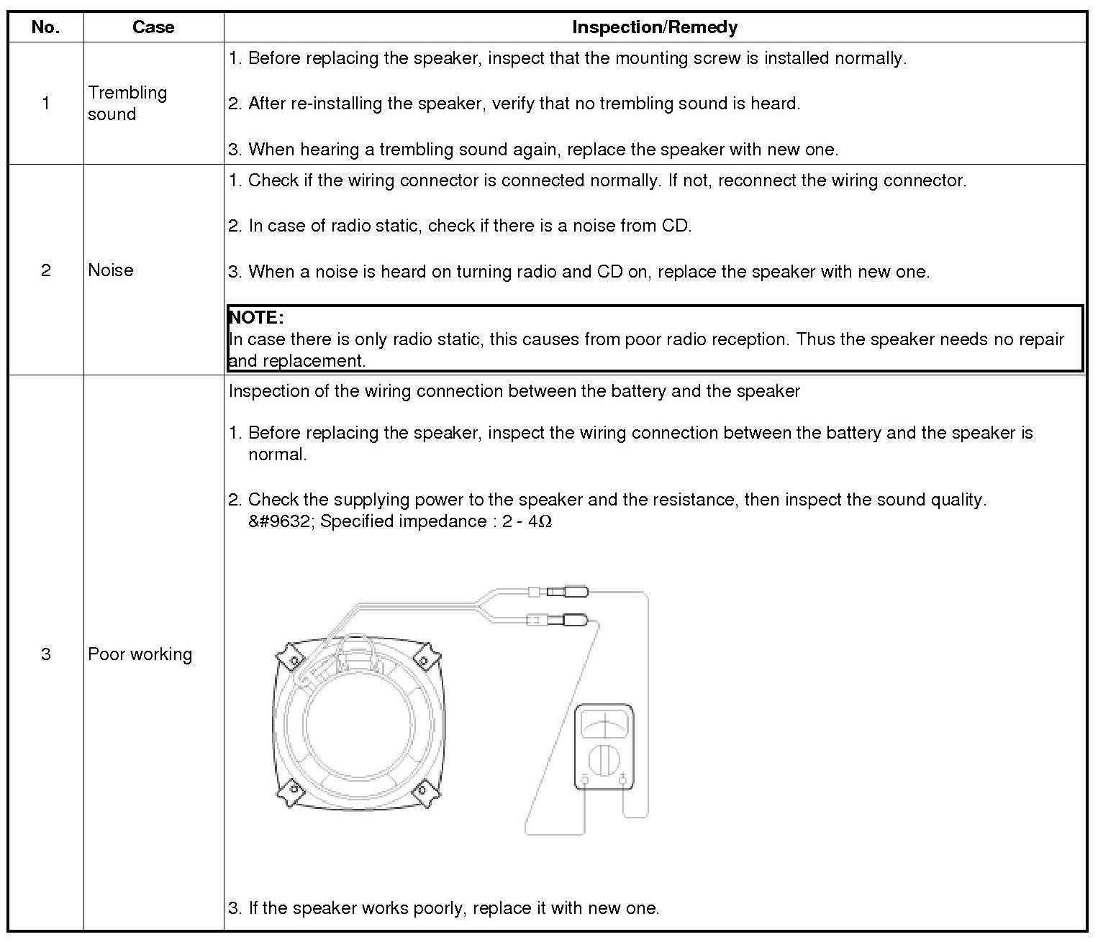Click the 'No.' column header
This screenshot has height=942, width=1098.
[x=45, y=27]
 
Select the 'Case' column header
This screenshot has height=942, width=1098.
[x=153, y=27]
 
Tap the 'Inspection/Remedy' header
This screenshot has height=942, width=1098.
[x=654, y=27]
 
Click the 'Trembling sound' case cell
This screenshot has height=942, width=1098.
[x=127, y=103]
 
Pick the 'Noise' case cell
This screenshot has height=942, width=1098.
[x=111, y=270]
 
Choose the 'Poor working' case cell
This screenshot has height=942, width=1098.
[x=140, y=654]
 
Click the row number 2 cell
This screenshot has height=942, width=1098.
[x=45, y=270]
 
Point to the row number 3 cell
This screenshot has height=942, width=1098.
[x=45, y=654]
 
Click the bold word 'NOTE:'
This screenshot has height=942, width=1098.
[x=256, y=317]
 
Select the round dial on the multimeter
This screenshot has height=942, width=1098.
[x=604, y=759]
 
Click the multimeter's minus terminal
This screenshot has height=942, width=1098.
[x=584, y=779]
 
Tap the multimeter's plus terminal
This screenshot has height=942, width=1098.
[x=623, y=779]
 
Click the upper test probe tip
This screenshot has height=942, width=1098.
[x=576, y=592]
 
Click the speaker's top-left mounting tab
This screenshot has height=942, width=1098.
[x=291, y=658]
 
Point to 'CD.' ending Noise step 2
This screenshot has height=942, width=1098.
[x=676, y=226]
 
